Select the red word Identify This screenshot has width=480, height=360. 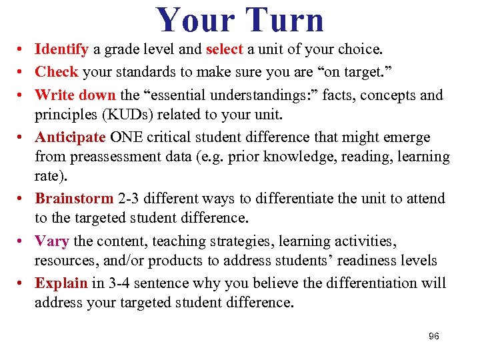click(61, 49)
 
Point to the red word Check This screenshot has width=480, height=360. click(57, 71)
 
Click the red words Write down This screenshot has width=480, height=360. click(75, 95)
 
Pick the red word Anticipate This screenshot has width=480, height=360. click(70, 137)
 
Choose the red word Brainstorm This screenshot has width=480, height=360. click(73, 199)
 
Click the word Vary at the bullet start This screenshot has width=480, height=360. click(51, 241)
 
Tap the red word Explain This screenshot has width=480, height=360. click(61, 283)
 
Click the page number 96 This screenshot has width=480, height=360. click(433, 336)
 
